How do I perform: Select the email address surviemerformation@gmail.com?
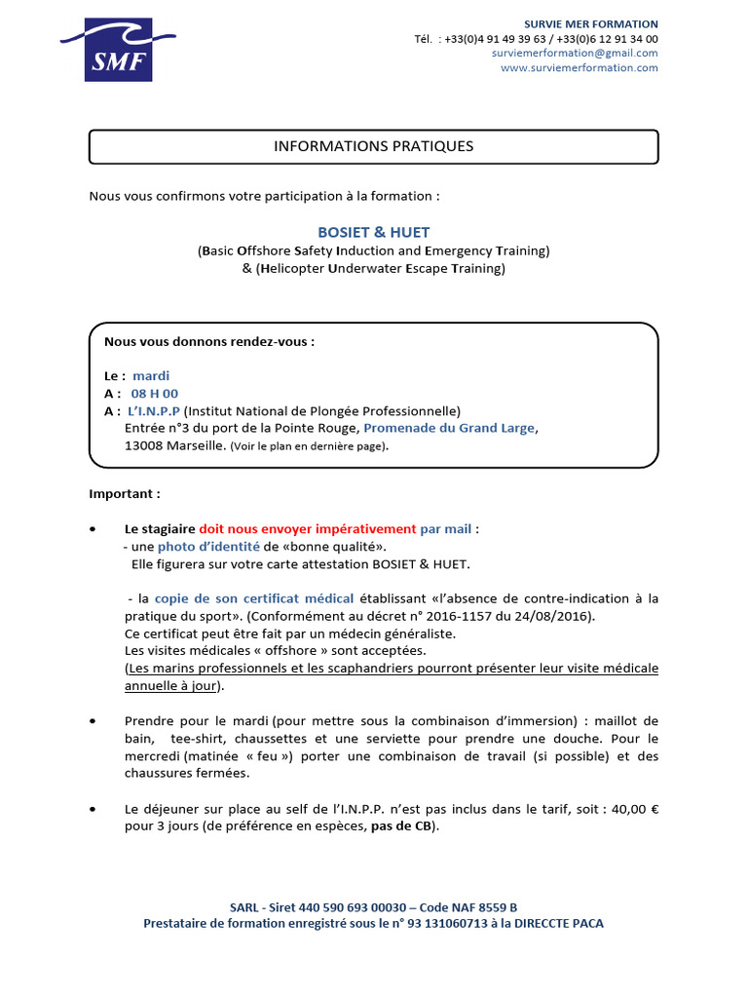tap(575, 54)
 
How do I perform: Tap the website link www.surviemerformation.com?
tap(579, 68)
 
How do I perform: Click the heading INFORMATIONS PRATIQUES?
tap(373, 146)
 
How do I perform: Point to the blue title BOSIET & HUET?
tap(373, 233)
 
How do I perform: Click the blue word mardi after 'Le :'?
tap(151, 375)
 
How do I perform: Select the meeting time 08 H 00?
tap(155, 394)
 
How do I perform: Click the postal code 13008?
tap(144, 445)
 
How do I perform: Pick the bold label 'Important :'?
tap(125, 494)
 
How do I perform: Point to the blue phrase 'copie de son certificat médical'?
tap(253, 598)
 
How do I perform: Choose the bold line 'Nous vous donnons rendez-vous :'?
tap(209, 342)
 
